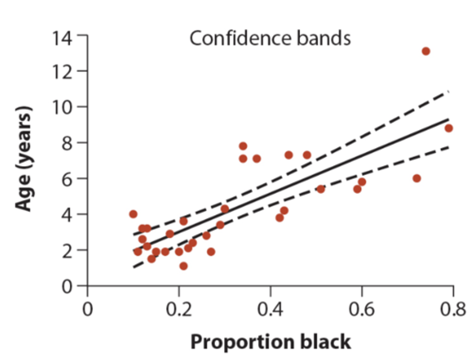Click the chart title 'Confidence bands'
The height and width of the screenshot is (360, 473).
(270, 38)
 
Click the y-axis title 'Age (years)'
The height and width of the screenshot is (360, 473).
(24, 159)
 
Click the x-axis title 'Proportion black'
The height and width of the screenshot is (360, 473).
(271, 342)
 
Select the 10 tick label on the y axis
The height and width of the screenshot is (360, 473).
(62, 107)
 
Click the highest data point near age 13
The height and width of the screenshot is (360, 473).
(426, 51)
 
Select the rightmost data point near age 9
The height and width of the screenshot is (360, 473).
(449, 128)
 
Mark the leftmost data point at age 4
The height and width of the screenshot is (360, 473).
(133, 214)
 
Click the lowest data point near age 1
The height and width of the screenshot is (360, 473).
(184, 266)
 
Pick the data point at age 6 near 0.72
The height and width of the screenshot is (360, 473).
(417, 179)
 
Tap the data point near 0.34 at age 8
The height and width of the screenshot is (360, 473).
(243, 146)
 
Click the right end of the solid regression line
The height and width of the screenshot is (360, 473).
(448, 119)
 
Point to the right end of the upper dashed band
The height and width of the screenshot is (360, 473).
(448, 92)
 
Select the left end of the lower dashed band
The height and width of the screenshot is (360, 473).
(134, 267)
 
